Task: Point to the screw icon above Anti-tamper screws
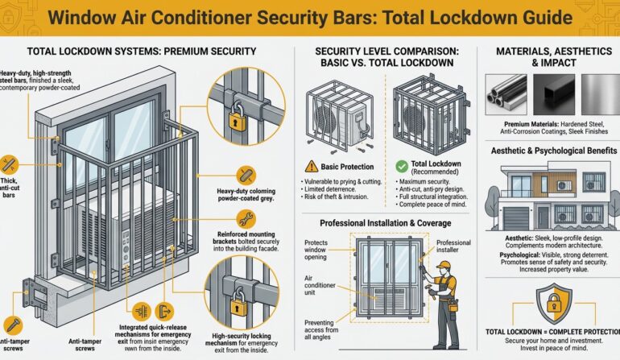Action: [x=11, y=324]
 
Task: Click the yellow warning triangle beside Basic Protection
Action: [x=312, y=167]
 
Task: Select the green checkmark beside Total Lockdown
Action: [x=403, y=166]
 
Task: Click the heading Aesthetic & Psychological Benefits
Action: [x=548, y=151]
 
